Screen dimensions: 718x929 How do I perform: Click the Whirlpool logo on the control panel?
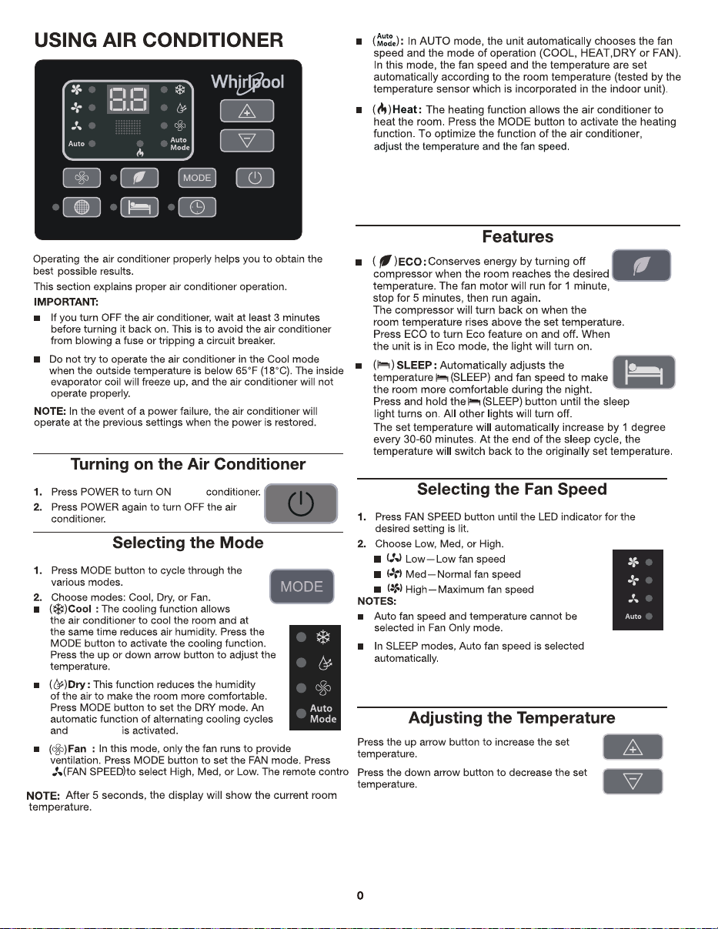[x=248, y=82]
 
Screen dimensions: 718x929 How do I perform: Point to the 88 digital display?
[x=128, y=99]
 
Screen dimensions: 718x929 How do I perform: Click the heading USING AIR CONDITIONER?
[x=159, y=40]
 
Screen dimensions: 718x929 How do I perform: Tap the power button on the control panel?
[x=255, y=178]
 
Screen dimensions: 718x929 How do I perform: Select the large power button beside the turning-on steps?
[x=301, y=503]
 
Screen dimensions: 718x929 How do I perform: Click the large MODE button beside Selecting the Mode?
[x=302, y=586]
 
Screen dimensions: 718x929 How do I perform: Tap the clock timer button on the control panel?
[x=197, y=207]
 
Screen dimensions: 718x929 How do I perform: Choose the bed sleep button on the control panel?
[x=139, y=207]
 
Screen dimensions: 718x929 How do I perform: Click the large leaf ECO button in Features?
[x=641, y=265]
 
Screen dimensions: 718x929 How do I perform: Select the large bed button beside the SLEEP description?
[x=643, y=372]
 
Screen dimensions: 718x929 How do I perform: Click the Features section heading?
[x=518, y=236]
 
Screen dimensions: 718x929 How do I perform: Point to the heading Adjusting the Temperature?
[x=512, y=718]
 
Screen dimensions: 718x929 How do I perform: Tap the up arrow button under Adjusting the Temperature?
[x=633, y=747]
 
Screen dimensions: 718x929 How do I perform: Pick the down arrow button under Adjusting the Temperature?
[x=633, y=781]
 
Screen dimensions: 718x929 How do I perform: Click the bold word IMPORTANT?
[x=66, y=302]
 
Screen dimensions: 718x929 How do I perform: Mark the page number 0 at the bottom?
[x=360, y=896]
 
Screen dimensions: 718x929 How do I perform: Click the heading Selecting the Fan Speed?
[x=512, y=489]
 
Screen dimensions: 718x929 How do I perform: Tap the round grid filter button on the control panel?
[x=82, y=207]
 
